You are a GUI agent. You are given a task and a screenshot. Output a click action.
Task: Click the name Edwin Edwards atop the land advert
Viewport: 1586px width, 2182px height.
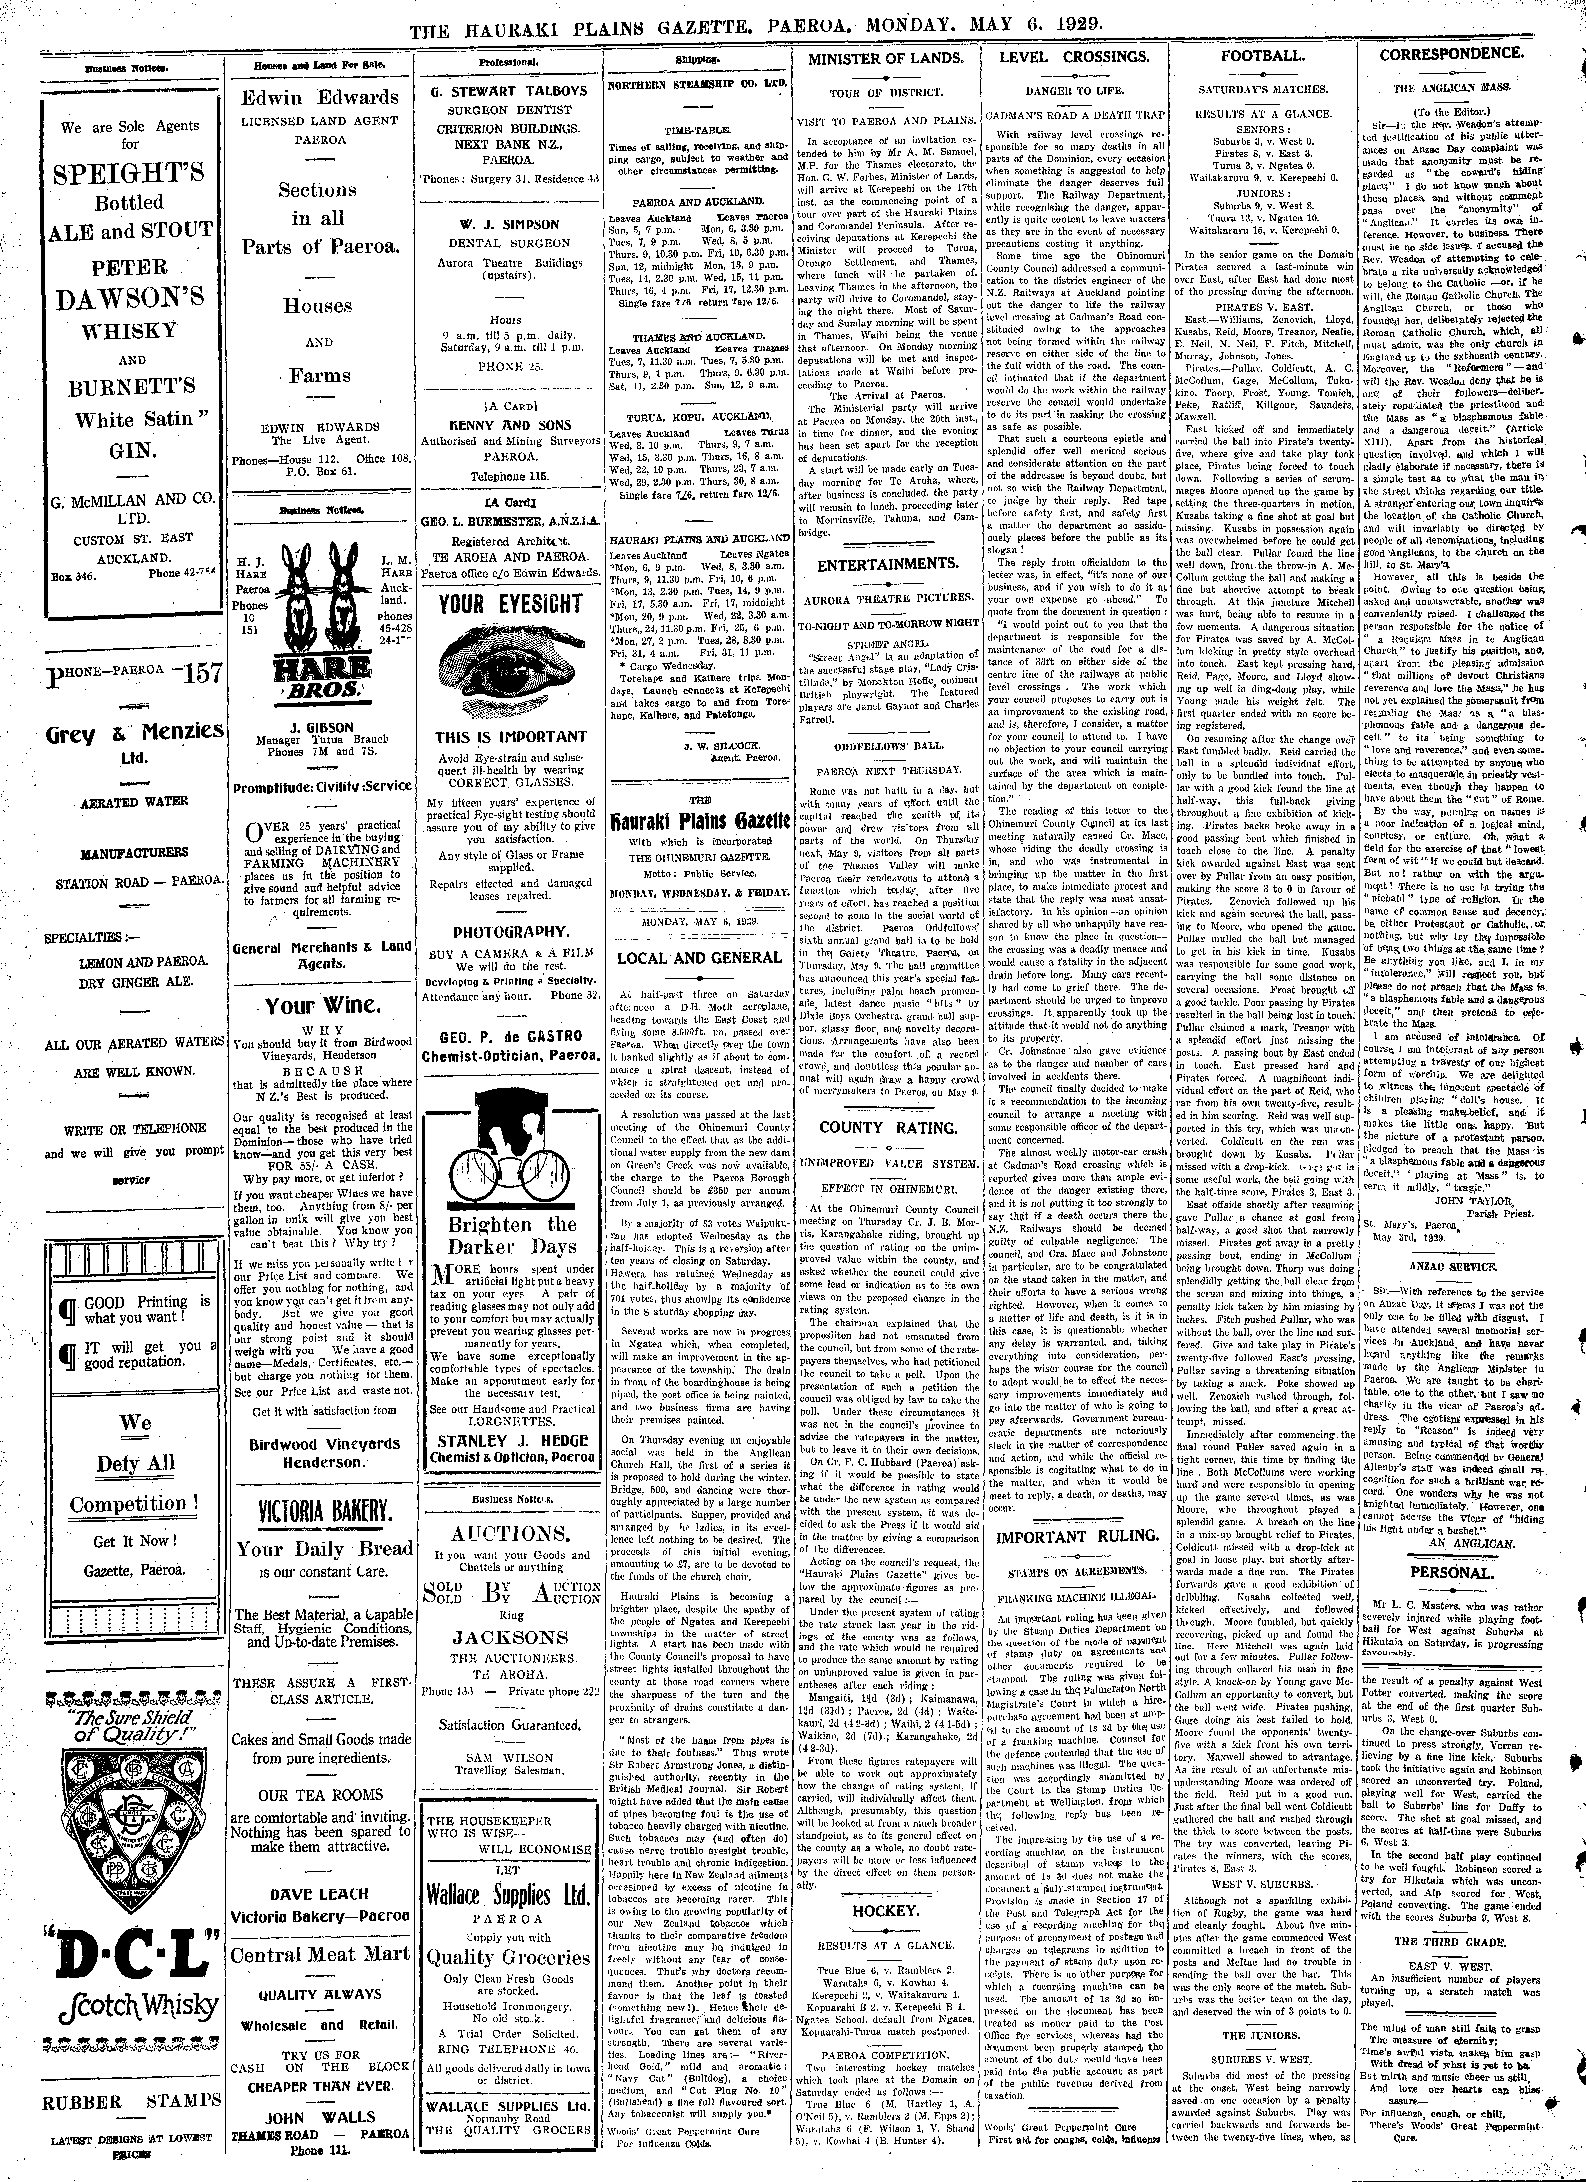click(318, 97)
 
